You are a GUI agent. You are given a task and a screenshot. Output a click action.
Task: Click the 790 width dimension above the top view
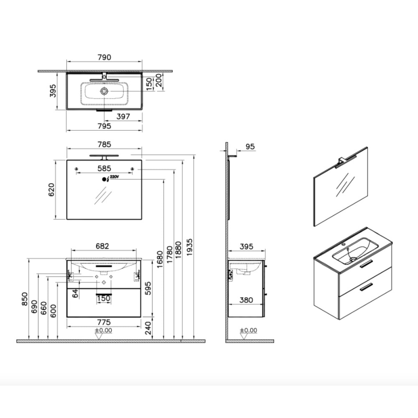104,57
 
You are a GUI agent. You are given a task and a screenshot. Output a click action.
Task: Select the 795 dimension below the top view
104,126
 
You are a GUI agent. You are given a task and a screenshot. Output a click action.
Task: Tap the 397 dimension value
123,116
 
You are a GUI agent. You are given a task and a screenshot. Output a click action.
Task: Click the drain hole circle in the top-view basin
104,91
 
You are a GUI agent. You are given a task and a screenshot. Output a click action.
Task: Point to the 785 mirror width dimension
104,144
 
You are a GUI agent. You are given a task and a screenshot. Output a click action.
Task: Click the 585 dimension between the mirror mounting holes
104,169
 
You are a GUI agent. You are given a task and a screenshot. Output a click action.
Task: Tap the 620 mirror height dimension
52,190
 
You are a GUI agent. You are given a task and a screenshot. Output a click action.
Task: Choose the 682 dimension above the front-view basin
102,246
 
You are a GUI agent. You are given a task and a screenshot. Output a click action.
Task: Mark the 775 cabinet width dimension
104,322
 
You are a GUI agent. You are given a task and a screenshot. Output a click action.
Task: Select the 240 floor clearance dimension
149,328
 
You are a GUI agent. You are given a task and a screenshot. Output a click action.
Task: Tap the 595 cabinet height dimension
149,287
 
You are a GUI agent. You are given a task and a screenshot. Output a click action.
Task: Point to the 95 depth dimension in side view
250,147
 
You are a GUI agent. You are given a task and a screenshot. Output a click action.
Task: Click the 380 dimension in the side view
246,300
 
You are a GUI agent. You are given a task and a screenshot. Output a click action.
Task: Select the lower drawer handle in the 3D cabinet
364,288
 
